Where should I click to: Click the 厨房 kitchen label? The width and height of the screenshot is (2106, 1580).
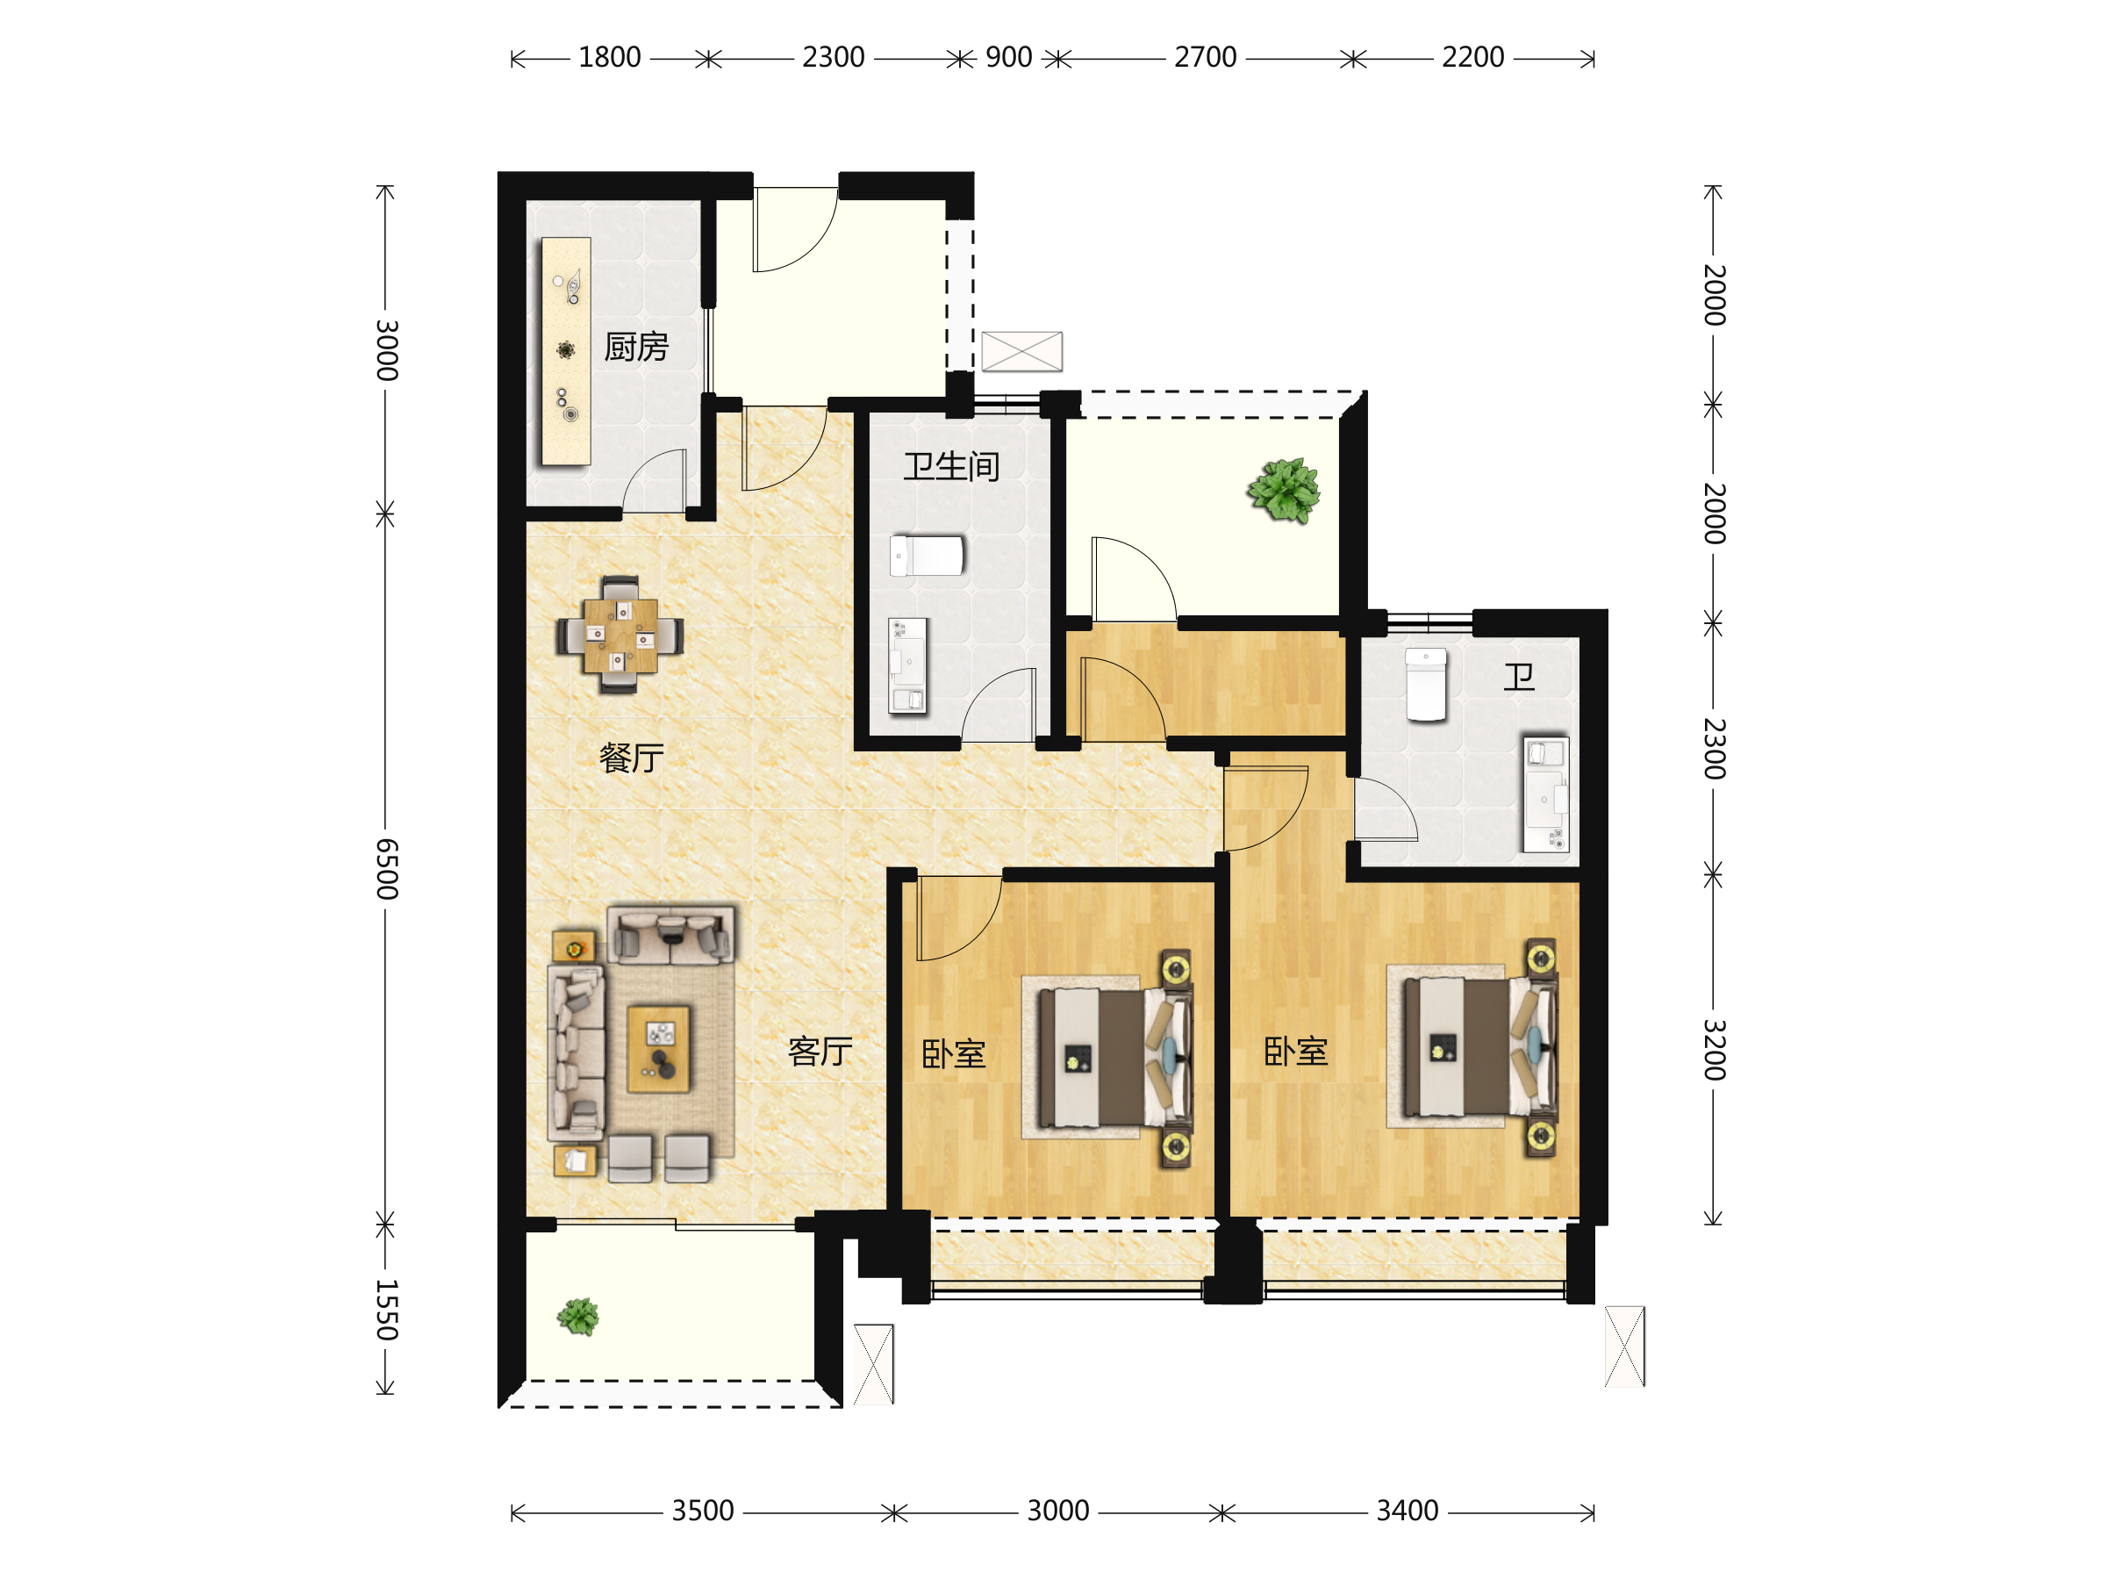636,347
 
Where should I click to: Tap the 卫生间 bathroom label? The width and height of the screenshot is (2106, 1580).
951,466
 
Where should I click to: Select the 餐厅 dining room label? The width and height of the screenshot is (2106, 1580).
631,758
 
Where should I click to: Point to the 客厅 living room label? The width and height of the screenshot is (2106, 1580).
820,1052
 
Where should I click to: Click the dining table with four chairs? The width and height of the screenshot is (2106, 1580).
620,635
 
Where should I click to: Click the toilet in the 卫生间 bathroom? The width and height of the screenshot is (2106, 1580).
927,556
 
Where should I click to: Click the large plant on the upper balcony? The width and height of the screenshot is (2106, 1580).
1285,491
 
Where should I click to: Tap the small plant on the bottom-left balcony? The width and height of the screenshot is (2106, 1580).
578,1318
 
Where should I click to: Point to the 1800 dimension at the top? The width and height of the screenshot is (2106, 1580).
609,57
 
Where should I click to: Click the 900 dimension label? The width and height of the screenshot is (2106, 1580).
1008,57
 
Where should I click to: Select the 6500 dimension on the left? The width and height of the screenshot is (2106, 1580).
385,870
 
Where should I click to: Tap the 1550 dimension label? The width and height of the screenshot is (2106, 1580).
385,1310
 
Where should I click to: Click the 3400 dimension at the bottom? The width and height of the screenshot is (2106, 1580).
1408,1511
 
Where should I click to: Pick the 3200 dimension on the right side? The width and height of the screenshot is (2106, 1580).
1714,1050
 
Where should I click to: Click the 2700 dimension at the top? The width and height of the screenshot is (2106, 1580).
1206,57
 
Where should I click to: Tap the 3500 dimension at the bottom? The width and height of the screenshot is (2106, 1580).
703,1511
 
